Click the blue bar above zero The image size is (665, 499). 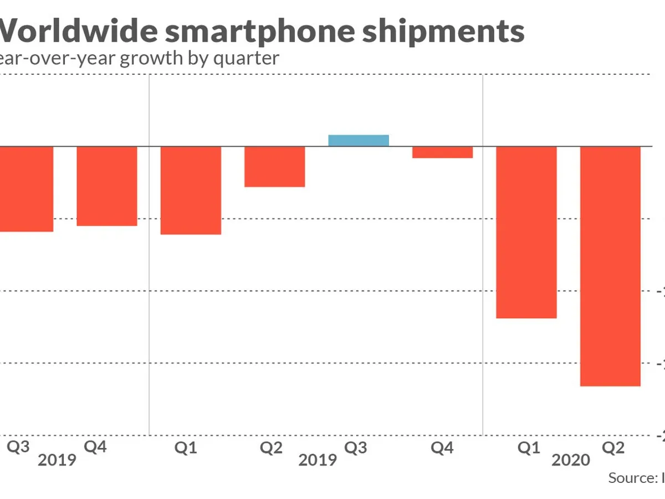click(359, 140)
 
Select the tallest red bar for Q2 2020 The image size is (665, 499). click(610, 266)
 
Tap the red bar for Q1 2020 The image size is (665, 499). click(526, 232)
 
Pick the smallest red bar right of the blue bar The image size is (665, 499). click(442, 152)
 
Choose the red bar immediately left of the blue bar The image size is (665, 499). click(275, 166)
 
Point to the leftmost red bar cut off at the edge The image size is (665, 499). click(26, 189)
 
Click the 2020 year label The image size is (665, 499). click(571, 460)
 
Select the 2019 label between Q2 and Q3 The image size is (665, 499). click(318, 460)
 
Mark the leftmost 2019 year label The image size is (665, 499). click(57, 460)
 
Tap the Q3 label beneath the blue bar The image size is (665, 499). click(356, 448)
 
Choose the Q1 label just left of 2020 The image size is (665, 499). click(529, 448)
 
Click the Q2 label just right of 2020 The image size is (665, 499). click(613, 448)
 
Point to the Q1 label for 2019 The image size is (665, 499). click(186, 448)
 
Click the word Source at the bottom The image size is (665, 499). click(630, 478)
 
